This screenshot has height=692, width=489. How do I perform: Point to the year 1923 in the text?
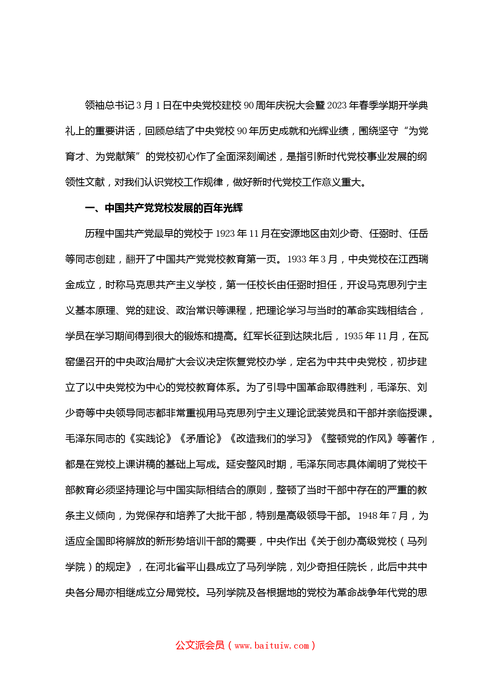(225, 234)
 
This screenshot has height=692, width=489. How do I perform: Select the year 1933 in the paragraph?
(297, 260)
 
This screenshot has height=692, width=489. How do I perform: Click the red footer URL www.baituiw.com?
(272, 646)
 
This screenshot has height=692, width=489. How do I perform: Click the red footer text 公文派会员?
(200, 645)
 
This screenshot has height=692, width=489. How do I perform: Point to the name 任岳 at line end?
(418, 234)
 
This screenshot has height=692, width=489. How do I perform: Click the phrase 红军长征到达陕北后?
(288, 337)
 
